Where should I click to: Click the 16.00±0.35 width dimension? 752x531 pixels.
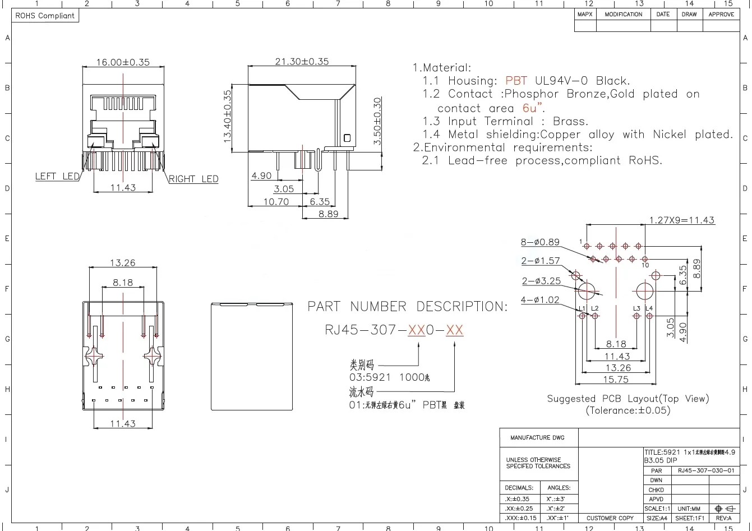coord(123,62)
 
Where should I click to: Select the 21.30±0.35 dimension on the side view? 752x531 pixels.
coord(302,62)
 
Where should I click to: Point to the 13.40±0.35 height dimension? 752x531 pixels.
coord(228,116)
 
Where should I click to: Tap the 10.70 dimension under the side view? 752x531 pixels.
coord(276,202)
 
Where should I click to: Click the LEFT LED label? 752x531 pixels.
coord(57,176)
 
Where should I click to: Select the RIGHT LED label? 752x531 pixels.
coord(193,179)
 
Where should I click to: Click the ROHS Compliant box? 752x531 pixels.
coord(45,16)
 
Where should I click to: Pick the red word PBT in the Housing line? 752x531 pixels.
coord(516,81)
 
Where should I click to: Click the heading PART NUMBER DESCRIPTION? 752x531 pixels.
coord(407,307)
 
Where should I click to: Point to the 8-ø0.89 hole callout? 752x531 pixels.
coord(540,242)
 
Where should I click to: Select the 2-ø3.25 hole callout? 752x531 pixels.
coord(541,281)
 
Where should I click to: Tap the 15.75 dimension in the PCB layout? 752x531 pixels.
coord(616,380)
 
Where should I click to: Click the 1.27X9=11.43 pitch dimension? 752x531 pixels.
coord(682,220)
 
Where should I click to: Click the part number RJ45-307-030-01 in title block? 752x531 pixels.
coord(705,471)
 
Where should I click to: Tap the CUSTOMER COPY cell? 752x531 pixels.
coord(610,518)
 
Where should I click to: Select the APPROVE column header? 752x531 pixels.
coord(721,15)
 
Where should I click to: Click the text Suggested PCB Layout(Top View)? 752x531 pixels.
coord(628,399)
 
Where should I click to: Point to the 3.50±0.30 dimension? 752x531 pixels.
coord(377,122)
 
